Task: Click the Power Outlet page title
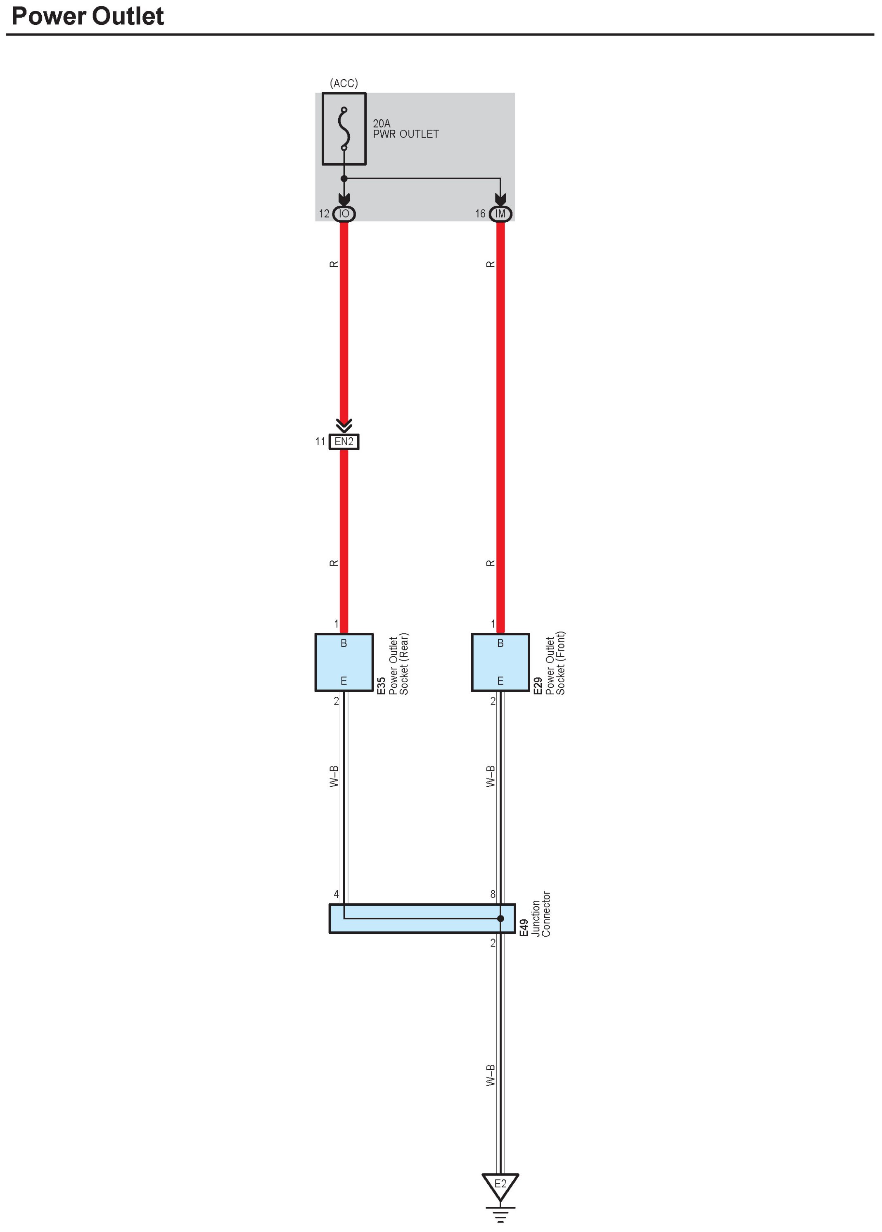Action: point(88,16)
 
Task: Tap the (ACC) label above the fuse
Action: point(344,83)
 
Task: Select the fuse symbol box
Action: point(344,129)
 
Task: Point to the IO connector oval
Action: point(344,214)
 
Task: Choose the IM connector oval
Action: point(500,214)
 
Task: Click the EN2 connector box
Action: point(344,442)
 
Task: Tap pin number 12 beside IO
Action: point(324,214)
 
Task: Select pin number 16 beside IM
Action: point(480,214)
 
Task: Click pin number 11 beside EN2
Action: point(320,442)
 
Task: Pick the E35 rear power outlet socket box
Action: point(344,662)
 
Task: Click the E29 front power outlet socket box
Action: point(500,662)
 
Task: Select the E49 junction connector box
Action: point(422,919)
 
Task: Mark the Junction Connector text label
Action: point(541,914)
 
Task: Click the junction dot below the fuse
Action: point(344,178)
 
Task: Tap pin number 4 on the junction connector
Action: point(336,894)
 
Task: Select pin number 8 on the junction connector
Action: point(493,894)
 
